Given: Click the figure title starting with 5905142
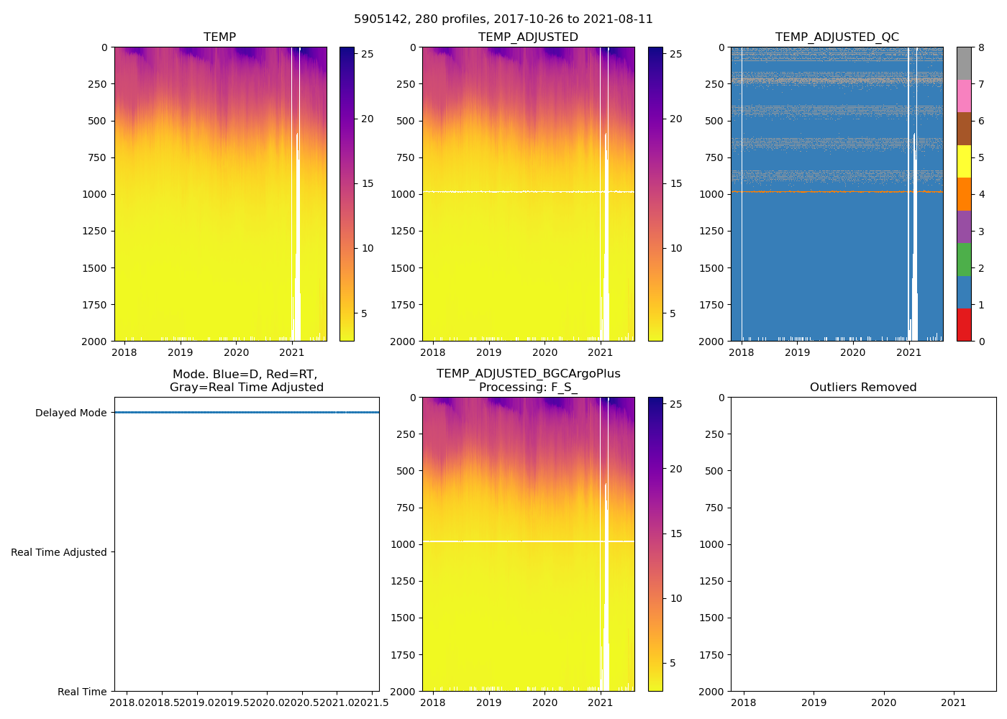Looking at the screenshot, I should pyautogui.click(x=503, y=19).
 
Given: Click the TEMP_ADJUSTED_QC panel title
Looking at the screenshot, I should pyautogui.click(x=837, y=37).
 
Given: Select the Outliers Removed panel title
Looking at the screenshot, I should pyautogui.click(x=863, y=388).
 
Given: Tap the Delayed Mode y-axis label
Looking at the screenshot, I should pyautogui.click(x=70, y=413).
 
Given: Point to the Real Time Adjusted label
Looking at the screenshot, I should pyautogui.click(x=59, y=552).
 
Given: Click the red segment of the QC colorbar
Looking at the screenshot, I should pyautogui.click(x=964, y=325).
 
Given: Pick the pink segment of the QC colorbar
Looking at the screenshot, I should pyautogui.click(x=964, y=96).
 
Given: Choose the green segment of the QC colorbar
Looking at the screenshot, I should pyautogui.click(x=964, y=260).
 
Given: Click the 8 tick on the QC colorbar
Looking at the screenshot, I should pyautogui.click(x=981, y=47).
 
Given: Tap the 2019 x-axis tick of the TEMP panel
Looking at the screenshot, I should pyautogui.click(x=180, y=352).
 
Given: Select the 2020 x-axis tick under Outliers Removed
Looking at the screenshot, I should pyautogui.click(x=884, y=702).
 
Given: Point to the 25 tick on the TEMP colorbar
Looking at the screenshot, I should pyautogui.click(x=368, y=54).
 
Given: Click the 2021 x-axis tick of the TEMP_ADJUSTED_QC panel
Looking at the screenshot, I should pyautogui.click(x=909, y=352).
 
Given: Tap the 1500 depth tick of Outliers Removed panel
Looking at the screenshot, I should pyautogui.click(x=711, y=618).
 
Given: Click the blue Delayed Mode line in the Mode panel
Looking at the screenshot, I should pyautogui.click(x=247, y=413).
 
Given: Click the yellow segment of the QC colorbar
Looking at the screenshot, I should pyautogui.click(x=964, y=162).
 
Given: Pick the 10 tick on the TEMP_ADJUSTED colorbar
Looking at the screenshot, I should pyautogui.click(x=676, y=248).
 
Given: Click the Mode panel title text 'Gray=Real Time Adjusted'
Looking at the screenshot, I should pyautogui.click(x=247, y=388).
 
